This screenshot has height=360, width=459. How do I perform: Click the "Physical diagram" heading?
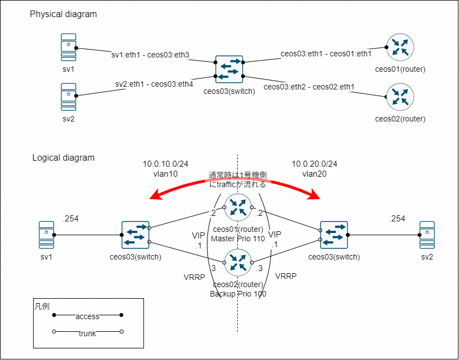(x=63, y=14)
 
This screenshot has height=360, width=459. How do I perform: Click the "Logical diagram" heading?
(x=63, y=158)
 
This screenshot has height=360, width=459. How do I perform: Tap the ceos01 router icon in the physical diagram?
(x=400, y=48)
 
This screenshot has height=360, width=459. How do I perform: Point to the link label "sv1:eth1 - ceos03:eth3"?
(x=151, y=55)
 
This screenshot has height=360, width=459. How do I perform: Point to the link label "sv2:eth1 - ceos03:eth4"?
(x=154, y=84)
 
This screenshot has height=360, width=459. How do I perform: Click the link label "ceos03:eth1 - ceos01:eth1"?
(x=326, y=54)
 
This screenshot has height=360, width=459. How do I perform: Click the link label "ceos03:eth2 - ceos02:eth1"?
(x=309, y=87)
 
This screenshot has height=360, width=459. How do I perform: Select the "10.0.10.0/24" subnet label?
(x=166, y=164)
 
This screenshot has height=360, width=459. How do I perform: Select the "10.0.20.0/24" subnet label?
(x=314, y=164)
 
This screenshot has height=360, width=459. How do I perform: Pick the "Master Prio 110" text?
(x=238, y=239)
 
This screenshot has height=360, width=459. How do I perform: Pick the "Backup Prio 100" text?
(x=238, y=294)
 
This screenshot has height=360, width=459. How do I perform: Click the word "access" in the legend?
(x=88, y=316)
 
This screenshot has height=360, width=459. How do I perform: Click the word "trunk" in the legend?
(x=87, y=333)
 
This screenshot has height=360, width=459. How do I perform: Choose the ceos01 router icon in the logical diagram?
(x=238, y=208)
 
